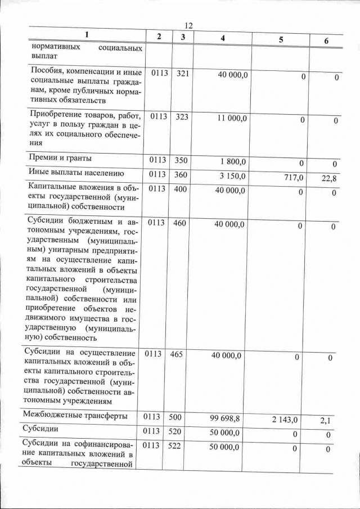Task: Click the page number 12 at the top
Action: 188,26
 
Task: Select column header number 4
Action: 223,38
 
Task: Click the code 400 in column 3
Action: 181,190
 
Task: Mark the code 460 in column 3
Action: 181,224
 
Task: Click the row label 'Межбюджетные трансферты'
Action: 74,416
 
